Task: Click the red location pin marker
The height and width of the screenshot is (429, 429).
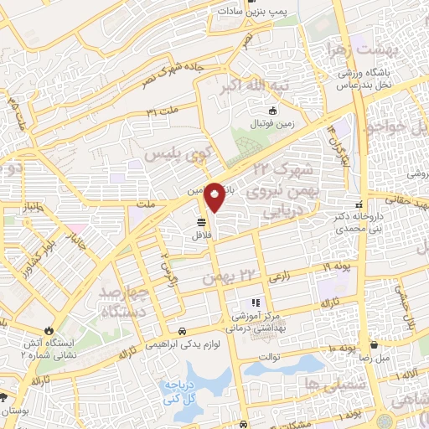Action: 214,198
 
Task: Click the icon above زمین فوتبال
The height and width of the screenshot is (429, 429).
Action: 271,111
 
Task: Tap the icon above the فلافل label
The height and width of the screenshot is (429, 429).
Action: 203,223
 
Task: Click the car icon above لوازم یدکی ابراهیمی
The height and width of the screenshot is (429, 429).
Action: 183,329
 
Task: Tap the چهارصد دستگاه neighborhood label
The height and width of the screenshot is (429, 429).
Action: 127,302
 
